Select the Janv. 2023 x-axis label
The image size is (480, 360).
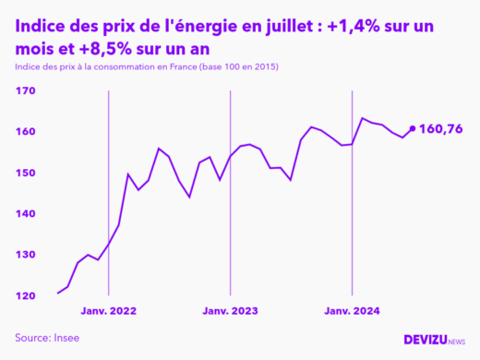coord(231,311)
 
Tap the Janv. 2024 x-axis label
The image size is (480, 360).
coord(353,311)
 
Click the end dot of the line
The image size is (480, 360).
coord(412,128)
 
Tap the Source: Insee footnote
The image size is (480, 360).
coord(47,338)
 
